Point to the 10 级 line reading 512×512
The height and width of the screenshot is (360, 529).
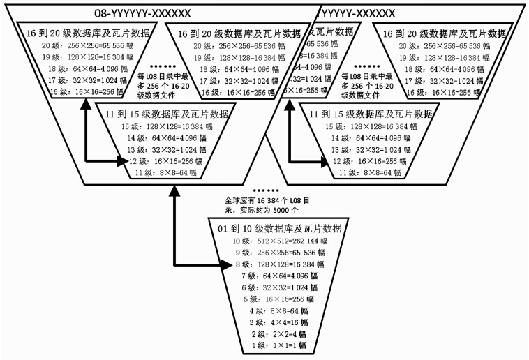pyautogui.click(x=278, y=241)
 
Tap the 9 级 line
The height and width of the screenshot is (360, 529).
pyautogui.click(x=278, y=253)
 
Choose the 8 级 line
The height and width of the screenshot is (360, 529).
pyautogui.click(x=278, y=264)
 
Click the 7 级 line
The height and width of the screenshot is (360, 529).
pyautogui.click(x=278, y=276)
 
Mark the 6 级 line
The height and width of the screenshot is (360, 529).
pyautogui.click(x=278, y=287)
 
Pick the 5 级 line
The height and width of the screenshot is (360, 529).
pyautogui.click(x=278, y=299)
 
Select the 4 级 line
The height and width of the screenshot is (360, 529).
pyautogui.click(x=278, y=310)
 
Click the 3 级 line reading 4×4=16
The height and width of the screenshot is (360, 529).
pyautogui.click(x=278, y=322)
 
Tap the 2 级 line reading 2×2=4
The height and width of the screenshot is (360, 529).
pyautogui.click(x=278, y=333)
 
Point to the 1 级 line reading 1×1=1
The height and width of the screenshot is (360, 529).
pyautogui.click(x=278, y=345)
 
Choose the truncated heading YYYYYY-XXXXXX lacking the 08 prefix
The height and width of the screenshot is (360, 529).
pyautogui.click(x=357, y=12)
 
